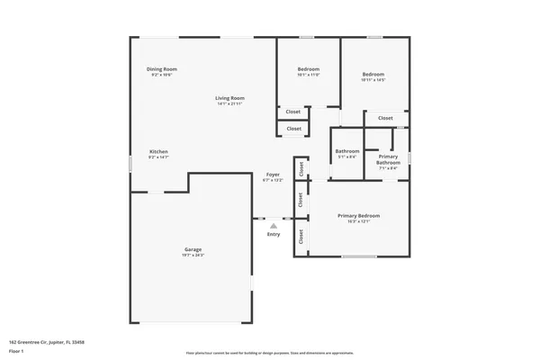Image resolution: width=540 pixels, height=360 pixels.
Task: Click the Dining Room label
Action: point(162,68)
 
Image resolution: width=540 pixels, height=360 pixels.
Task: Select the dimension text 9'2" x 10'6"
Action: point(162,75)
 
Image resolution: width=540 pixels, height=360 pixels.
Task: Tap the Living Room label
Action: point(230,97)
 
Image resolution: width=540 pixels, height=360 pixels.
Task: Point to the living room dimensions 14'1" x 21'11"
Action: point(230,103)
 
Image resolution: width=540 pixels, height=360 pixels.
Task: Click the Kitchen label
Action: point(158,151)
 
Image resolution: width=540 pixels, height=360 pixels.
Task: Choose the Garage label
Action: point(193,248)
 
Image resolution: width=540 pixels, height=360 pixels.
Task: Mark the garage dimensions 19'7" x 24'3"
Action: point(193,255)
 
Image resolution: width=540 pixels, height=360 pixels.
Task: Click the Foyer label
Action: point(273,174)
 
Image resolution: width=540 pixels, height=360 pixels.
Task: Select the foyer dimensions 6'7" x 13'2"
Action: point(273,180)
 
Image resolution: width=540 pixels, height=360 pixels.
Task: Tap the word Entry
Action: point(273,235)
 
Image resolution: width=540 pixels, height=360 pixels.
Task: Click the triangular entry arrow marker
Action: point(273,226)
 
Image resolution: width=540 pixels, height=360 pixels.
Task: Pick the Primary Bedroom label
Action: point(358,215)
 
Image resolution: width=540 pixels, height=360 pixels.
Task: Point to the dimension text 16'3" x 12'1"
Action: point(358,221)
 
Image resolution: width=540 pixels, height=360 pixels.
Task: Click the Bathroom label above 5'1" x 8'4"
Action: point(347,150)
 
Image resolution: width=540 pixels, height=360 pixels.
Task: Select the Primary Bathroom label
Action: point(389,159)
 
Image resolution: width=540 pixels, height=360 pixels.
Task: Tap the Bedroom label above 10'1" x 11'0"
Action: point(309,68)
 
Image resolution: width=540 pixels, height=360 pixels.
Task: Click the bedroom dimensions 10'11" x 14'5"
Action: point(373,80)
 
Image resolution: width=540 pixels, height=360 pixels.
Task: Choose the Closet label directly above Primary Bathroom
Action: point(385,118)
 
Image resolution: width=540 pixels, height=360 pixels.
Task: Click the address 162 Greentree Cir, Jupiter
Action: point(46,343)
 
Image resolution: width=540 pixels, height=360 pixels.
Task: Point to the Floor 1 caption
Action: point(15,351)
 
